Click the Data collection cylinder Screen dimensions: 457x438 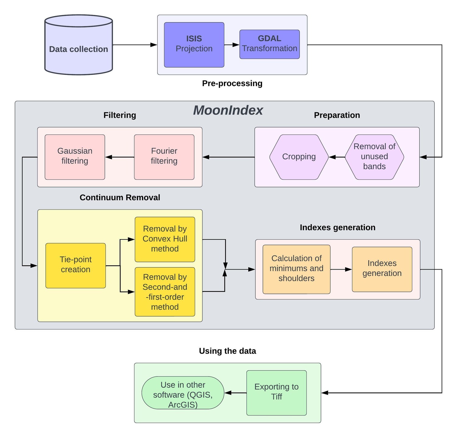point(79,45)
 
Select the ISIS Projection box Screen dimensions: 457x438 point(194,45)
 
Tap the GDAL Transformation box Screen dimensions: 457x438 point(270,44)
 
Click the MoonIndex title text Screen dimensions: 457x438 point(228,110)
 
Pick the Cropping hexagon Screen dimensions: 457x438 point(299,157)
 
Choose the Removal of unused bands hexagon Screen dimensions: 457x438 point(374,157)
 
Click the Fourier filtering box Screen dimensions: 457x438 point(164,157)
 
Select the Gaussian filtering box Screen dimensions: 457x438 point(75,157)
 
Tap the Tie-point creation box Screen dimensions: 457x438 point(76,266)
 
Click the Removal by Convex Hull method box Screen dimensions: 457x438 point(165,239)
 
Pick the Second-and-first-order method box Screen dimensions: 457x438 point(165,292)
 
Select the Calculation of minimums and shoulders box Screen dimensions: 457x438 point(296,269)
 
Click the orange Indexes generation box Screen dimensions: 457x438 point(382,269)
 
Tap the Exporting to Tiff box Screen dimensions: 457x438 point(277,393)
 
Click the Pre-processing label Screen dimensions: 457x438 point(232,83)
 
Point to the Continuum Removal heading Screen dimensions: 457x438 point(120,198)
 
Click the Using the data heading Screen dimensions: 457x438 point(228,351)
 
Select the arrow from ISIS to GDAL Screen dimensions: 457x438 point(232,45)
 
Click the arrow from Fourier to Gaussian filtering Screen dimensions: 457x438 point(120,157)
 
